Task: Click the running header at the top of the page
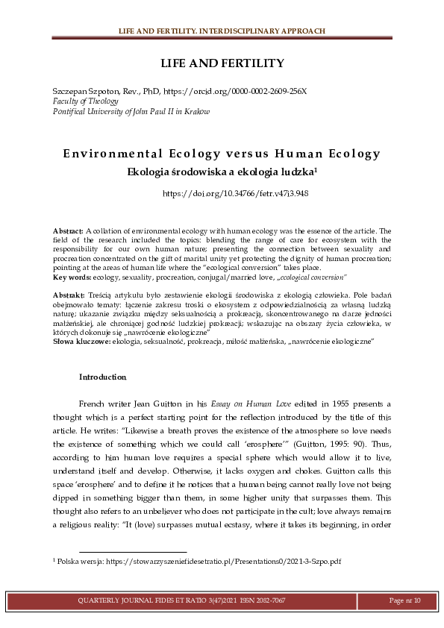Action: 222,31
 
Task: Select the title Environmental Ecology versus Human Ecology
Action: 222,154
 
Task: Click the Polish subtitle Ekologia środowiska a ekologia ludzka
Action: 222,171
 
